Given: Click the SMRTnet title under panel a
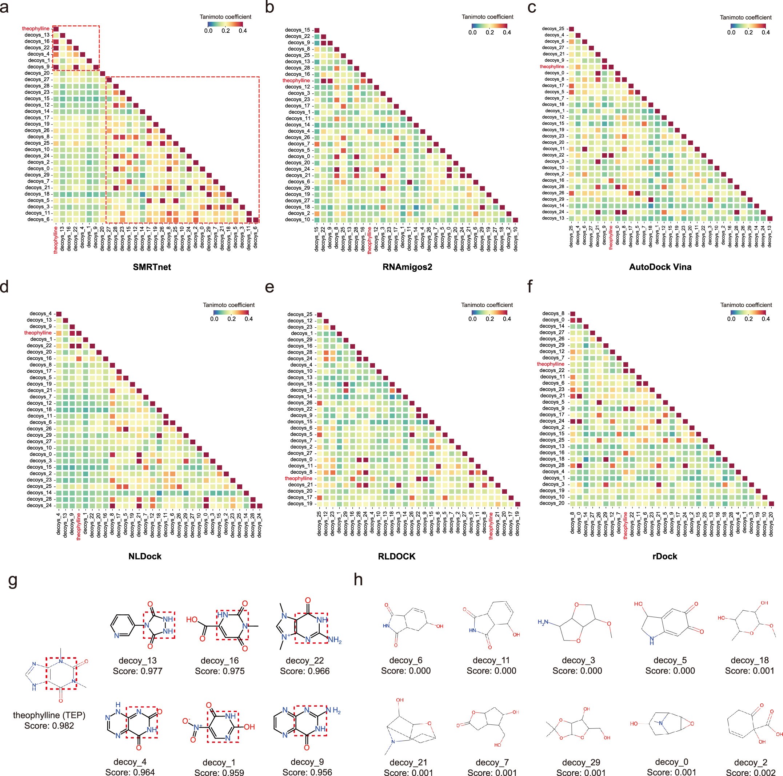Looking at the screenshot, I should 152,267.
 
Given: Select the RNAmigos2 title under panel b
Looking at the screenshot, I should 407,267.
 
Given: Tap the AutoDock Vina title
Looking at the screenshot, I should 660,267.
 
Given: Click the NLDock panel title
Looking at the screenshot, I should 145,556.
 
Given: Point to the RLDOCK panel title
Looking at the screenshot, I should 396,556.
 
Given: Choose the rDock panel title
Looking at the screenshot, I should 665,556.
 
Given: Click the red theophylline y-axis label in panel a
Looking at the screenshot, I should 36,29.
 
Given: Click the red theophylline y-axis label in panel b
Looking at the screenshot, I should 296,81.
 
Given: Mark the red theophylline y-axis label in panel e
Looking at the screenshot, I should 298,478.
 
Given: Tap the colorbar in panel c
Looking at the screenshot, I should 748,25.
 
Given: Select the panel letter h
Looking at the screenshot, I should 358,580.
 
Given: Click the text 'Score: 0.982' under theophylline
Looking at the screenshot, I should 49,726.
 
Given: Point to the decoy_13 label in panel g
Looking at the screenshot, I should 137,660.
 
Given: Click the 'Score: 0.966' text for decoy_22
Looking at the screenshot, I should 305,671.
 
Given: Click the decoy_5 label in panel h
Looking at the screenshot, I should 670,660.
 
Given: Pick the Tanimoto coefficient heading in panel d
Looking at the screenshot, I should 229,305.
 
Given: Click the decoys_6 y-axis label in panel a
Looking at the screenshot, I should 39,219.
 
